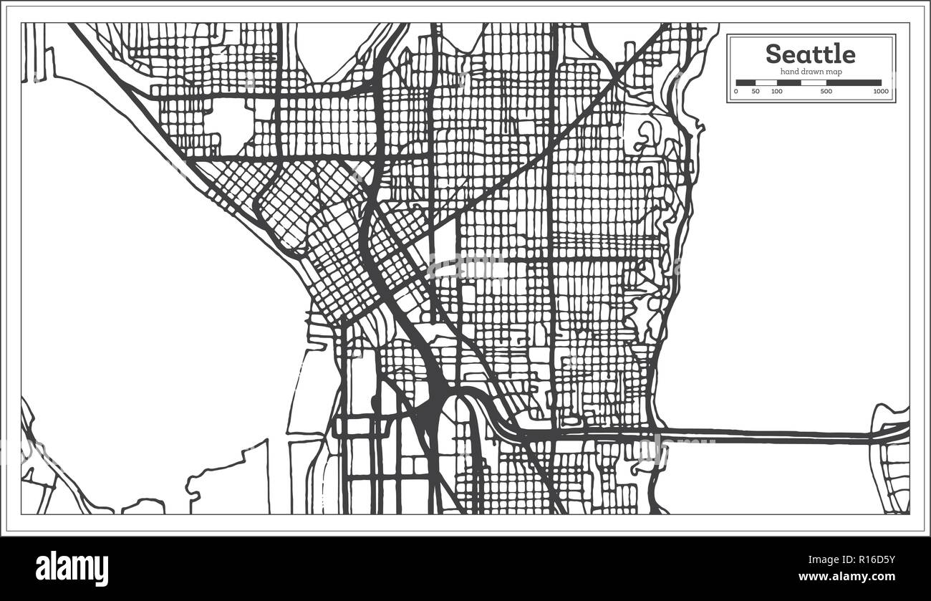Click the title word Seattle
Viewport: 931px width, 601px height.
pos(810,54)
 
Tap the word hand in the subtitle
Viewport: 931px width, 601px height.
pos(789,72)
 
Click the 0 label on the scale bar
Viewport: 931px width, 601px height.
pos(736,92)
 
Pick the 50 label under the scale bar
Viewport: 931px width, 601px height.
pos(756,92)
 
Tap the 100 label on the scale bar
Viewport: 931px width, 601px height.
pos(776,92)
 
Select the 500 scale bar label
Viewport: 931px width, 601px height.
pos(826,92)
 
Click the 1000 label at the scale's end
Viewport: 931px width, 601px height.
pos(880,92)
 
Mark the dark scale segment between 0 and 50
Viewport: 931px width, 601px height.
pos(746,83)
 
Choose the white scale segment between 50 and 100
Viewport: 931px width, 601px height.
pos(766,83)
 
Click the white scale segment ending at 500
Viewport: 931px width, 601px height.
pos(814,83)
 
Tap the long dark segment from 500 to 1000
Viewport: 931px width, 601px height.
pos(853,83)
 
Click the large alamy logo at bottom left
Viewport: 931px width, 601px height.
pos(72,568)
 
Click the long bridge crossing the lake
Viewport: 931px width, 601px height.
pos(766,435)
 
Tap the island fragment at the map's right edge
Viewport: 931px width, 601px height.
pos(892,458)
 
